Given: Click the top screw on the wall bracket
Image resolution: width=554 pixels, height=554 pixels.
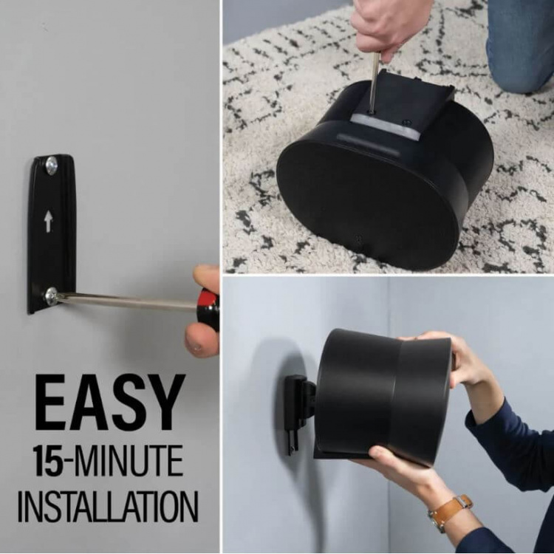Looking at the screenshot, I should coord(51,166).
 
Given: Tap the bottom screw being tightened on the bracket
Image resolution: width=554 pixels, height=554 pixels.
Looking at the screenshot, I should coord(51,296).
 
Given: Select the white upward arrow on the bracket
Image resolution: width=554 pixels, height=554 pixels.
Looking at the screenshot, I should coord(48,221).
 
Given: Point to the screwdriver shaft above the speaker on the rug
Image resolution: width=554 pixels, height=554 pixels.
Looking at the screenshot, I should coord(375,81).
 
